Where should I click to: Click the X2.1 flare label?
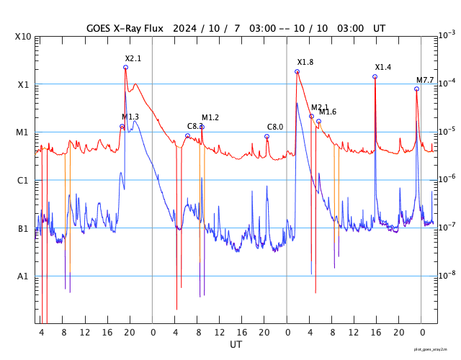pyautogui.click(x=133, y=58)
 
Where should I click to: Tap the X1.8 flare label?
pyautogui.click(x=305, y=63)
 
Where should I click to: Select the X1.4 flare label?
pyautogui.click(x=383, y=67)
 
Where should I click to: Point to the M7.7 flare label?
pyautogui.click(x=425, y=80)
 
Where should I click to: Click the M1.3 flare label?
pyautogui.click(x=130, y=117)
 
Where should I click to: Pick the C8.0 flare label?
pyautogui.click(x=275, y=127)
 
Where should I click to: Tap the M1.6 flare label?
pyautogui.click(x=328, y=112)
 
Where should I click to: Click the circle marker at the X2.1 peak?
pyautogui.click(x=125, y=67)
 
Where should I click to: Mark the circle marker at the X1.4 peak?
pyautogui.click(x=375, y=76)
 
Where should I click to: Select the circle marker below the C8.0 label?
pyautogui.click(x=267, y=136)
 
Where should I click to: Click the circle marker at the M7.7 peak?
pyautogui.click(x=416, y=89)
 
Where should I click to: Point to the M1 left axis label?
pyautogui.click(x=23, y=132)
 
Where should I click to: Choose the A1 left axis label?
pyautogui.click(x=23, y=276)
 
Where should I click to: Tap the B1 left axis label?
pyautogui.click(x=23, y=229)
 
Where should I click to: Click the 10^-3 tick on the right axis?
pyautogui.click(x=447, y=35)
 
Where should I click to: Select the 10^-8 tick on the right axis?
pyautogui.click(x=447, y=274)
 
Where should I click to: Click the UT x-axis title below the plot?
pyautogui.click(x=236, y=345)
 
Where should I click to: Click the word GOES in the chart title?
pyautogui.click(x=99, y=28)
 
